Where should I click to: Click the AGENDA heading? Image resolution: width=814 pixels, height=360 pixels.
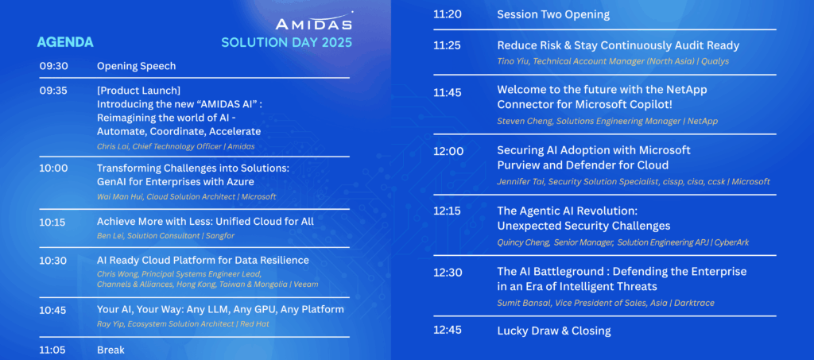click(x=65, y=42)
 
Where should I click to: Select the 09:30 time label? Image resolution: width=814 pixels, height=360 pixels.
click(x=53, y=66)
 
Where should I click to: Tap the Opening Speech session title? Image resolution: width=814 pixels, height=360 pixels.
click(x=136, y=66)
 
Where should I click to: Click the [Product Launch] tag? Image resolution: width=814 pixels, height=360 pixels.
click(x=138, y=91)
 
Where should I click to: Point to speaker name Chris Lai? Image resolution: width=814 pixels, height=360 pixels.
click(x=112, y=146)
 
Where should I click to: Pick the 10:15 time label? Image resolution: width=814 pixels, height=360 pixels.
click(x=52, y=222)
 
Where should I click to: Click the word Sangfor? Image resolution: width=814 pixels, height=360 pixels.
click(x=221, y=235)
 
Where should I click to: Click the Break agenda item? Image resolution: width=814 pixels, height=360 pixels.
click(x=110, y=350)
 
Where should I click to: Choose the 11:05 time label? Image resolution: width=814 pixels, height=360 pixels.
click(x=52, y=350)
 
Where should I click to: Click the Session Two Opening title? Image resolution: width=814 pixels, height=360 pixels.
click(x=553, y=14)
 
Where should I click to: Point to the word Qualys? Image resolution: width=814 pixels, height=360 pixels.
click(x=715, y=61)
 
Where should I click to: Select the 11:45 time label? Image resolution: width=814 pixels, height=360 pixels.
click(x=448, y=92)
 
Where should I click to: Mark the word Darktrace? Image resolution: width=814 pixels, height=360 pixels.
click(x=694, y=303)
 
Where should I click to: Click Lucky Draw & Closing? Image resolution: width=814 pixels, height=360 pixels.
click(x=554, y=331)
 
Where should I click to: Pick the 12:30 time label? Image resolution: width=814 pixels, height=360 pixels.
click(x=448, y=273)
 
